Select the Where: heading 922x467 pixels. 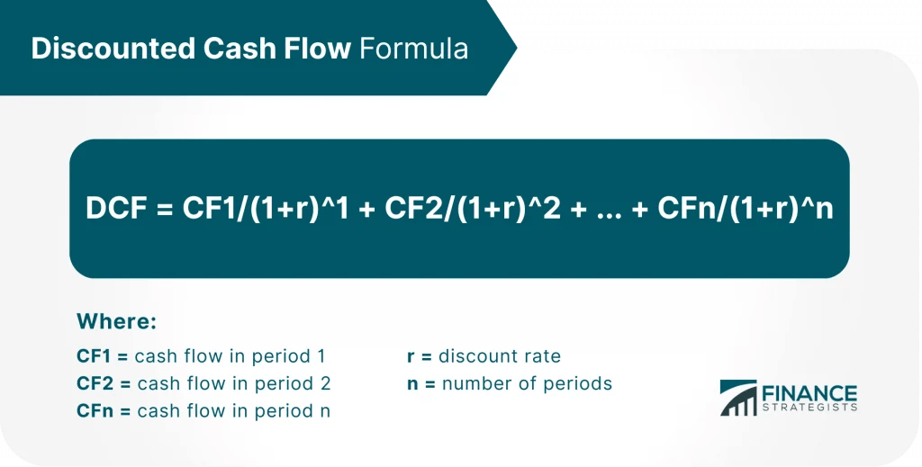pos(117,321)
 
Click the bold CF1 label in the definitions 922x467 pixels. pos(95,355)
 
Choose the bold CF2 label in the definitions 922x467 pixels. pos(96,383)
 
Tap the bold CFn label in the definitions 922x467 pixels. pos(96,411)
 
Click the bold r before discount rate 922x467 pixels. pos(411,356)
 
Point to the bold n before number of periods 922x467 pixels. pos(411,383)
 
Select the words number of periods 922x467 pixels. pos(528,383)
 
